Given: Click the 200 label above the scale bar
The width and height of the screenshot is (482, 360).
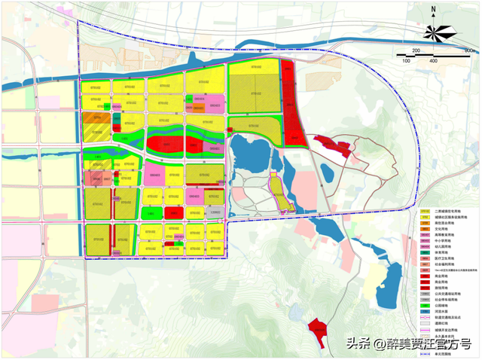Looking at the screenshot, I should pos(416,50).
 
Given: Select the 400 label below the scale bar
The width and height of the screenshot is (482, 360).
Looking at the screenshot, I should pos(433,60).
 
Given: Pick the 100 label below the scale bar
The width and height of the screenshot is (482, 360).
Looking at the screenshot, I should pos(406,60).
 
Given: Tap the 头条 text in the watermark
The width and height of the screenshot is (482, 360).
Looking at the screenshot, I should pos(356,343).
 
